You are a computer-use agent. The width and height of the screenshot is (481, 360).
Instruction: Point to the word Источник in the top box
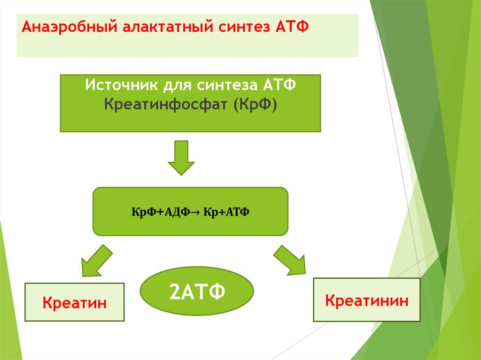tap(121, 86)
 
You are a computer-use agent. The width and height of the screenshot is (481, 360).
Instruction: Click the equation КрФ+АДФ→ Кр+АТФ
tap(190, 212)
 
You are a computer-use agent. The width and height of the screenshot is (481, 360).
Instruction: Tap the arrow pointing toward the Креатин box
tap(96, 261)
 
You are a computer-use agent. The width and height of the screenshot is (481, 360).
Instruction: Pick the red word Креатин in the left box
tap(75, 303)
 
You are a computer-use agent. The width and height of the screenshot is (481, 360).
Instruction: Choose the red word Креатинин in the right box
tap(367, 300)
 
